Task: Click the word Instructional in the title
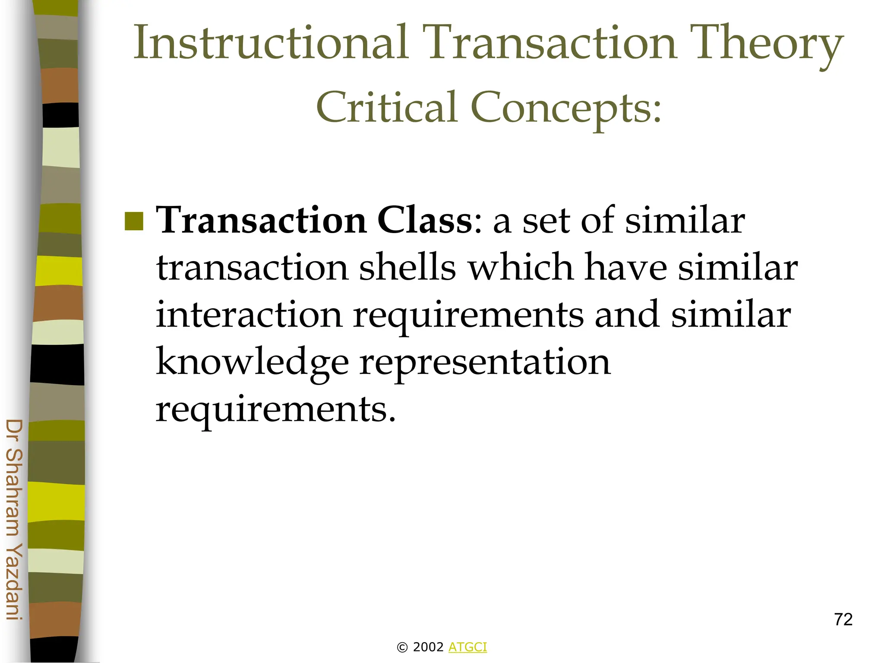(271, 42)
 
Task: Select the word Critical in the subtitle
(386, 107)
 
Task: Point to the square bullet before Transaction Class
(134, 221)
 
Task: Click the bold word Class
(425, 221)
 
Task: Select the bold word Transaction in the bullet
(261, 221)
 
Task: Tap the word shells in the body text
(407, 267)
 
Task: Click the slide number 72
(843, 619)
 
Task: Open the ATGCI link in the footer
(467, 647)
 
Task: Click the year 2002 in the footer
(428, 647)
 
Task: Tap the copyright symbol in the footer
(402, 647)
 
